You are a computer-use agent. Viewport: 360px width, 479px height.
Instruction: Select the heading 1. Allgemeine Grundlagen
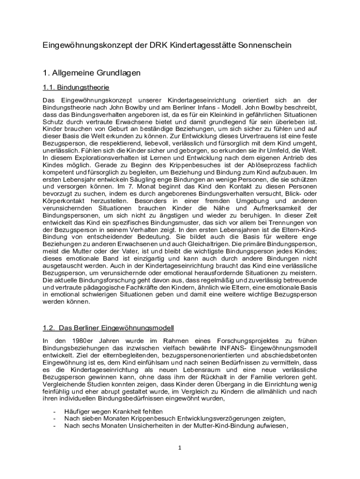(91, 73)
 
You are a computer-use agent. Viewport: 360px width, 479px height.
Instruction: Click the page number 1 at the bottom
(180, 447)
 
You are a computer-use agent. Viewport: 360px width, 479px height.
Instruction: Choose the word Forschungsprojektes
(237, 341)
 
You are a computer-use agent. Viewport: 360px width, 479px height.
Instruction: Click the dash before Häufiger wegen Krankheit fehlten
(56, 411)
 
